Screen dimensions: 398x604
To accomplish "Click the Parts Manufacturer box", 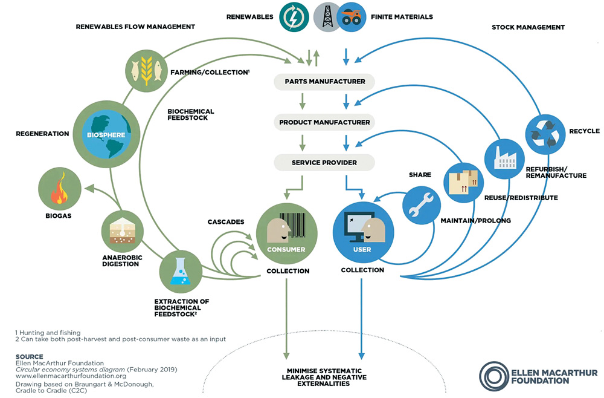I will pos(324,82).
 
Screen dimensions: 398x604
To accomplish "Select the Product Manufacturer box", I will pos(324,122).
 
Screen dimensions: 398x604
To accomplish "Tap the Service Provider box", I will pos(324,163).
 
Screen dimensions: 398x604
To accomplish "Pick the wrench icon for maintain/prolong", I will pos(422,204).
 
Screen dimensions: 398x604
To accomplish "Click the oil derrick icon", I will pos(328,16).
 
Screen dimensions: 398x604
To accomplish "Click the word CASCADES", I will pos(226,222).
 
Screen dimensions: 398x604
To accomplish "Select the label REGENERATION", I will pos(42,134).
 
